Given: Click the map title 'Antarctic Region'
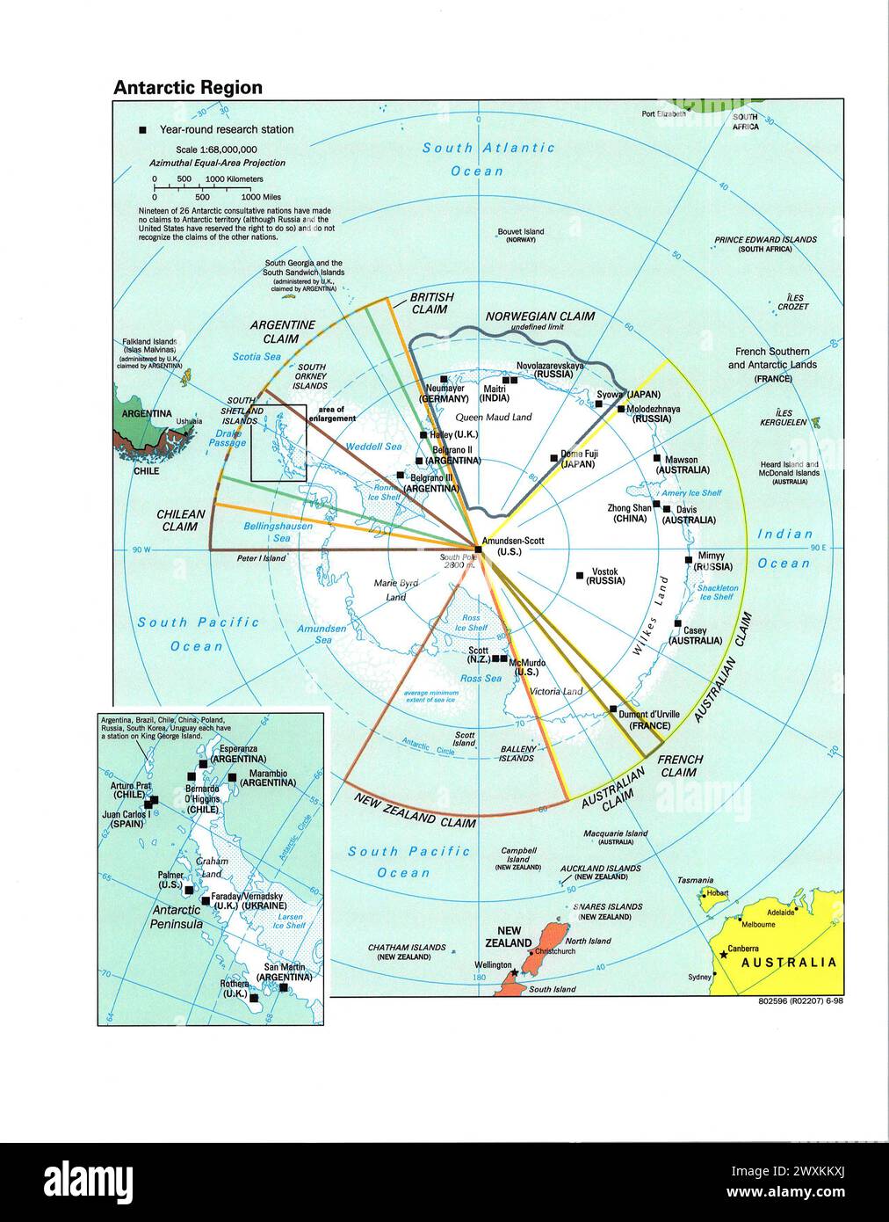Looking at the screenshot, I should click(x=187, y=87).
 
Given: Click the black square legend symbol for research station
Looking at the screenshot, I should click(x=143, y=130).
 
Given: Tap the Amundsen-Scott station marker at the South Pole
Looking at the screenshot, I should click(x=477, y=549).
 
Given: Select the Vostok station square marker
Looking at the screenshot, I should click(x=580, y=576).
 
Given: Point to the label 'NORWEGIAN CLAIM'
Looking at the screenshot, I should click(x=540, y=316).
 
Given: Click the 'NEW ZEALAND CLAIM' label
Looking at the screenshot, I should click(x=415, y=811).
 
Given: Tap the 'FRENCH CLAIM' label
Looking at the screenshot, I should click(x=680, y=766).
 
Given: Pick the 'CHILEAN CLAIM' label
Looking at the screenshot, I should click(x=180, y=520).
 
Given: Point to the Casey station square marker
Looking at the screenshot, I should click(x=677, y=624).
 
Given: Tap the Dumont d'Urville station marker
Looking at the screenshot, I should click(x=612, y=709).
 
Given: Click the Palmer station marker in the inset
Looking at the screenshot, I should click(x=189, y=890).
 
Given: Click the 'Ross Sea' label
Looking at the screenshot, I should click(x=481, y=678).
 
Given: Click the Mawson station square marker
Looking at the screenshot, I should click(x=657, y=458).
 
